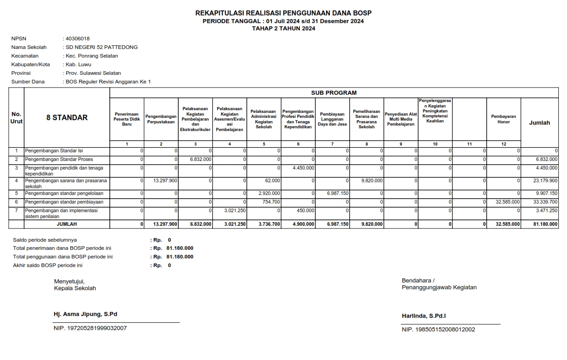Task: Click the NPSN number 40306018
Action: click(x=78, y=39)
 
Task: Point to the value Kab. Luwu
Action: click(x=78, y=64)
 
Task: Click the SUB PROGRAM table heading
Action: click(x=333, y=92)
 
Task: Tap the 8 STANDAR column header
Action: click(x=67, y=117)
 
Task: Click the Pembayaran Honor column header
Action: click(x=503, y=119)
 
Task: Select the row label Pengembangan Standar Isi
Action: click(x=54, y=151)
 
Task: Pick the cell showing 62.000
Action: click(x=272, y=180)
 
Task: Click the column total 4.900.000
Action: click(x=303, y=224)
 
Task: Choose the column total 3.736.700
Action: click(x=269, y=224)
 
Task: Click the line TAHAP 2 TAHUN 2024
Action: click(x=283, y=28)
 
